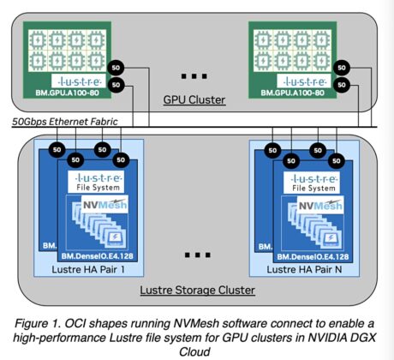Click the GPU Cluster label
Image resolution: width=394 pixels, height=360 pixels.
[x=194, y=100]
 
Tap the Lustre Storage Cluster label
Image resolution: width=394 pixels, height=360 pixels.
[x=197, y=290]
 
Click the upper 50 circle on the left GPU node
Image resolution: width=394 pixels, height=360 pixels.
[x=116, y=67]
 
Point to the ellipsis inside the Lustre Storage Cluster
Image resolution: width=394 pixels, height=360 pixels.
[x=197, y=255]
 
